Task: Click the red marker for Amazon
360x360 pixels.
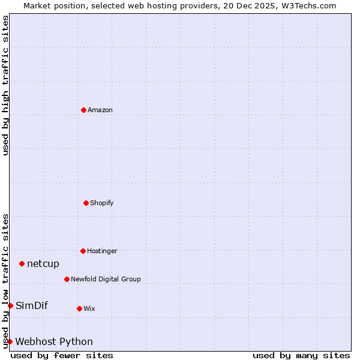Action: click(83, 110)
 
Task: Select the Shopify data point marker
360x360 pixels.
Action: click(86, 203)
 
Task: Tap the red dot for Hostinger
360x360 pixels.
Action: click(83, 251)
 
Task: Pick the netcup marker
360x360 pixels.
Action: click(22, 263)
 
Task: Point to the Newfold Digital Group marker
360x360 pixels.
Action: click(67, 279)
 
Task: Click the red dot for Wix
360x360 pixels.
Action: click(79, 308)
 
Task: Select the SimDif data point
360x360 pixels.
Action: click(10, 305)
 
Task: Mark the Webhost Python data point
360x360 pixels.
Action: click(10, 341)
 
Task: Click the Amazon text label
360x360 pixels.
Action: click(100, 110)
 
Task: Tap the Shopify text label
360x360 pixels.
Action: click(102, 203)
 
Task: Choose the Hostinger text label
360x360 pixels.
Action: click(102, 251)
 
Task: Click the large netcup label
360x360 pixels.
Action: click(43, 263)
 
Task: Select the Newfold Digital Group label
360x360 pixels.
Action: click(106, 279)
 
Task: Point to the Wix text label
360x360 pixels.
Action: click(89, 308)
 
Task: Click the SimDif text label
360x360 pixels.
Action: click(32, 305)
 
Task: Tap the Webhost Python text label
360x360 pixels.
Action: click(54, 341)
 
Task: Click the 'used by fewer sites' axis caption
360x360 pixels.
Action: click(62, 355)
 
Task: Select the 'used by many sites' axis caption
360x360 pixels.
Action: click(301, 355)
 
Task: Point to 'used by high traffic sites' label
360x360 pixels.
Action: click(5, 85)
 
